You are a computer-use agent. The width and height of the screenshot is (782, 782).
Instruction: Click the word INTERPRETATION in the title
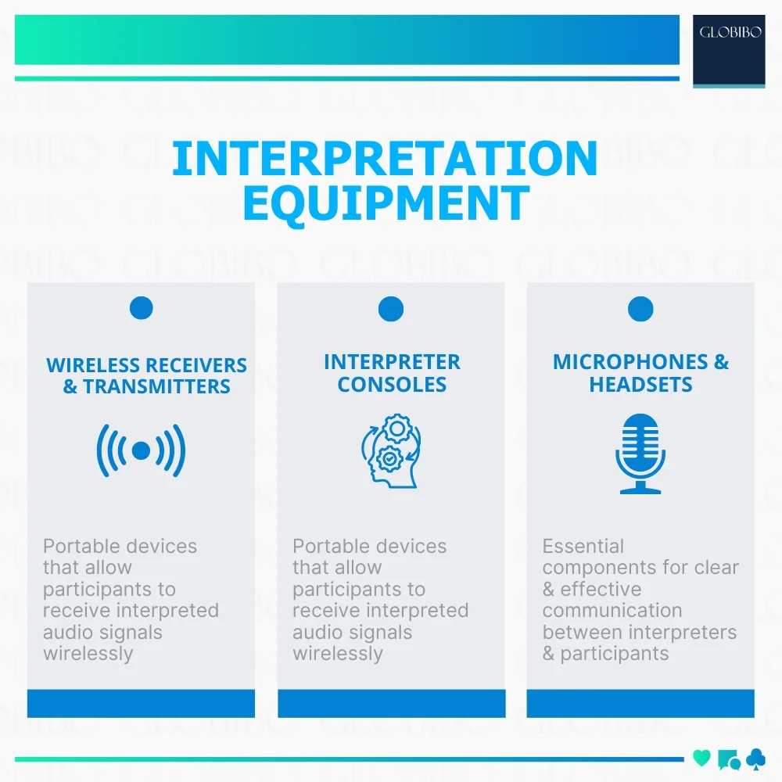point(385,159)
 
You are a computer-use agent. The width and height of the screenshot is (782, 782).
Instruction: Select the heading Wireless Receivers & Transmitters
point(146,376)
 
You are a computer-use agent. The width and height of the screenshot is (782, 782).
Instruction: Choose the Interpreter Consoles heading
point(392,373)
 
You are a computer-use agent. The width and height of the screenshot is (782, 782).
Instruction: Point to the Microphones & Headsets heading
point(640,373)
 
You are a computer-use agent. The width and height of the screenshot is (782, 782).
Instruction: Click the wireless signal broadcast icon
point(141,450)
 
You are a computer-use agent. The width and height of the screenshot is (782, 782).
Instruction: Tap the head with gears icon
point(391,453)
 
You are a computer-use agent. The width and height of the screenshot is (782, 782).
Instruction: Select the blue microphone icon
point(640,454)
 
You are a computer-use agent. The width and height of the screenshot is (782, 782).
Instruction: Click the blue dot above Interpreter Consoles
point(391,309)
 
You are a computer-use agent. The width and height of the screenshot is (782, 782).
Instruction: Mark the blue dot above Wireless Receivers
point(142,308)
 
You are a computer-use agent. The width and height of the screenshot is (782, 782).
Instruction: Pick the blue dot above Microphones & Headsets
point(640,309)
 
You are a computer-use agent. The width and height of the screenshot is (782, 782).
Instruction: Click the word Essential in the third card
point(583,546)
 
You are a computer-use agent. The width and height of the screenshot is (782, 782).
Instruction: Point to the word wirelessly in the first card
point(88,654)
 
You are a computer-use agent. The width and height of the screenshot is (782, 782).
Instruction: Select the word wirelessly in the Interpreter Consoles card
point(338,654)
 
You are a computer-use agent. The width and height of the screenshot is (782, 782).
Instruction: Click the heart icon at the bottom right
point(702,757)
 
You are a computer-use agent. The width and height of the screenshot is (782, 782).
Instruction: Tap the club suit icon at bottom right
point(756,758)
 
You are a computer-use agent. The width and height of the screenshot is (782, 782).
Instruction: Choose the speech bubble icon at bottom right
point(728,759)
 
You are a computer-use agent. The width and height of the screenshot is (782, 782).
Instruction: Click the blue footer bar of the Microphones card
point(640,703)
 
